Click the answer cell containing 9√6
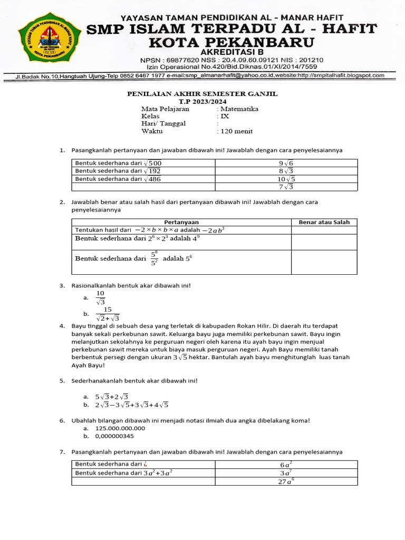click(x=286, y=163)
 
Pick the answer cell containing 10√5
click(x=286, y=179)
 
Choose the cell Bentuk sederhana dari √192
click(x=118, y=171)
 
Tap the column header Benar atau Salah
click(x=324, y=222)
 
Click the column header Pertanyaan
click(x=181, y=222)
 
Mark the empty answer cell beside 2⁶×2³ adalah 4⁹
click(x=324, y=242)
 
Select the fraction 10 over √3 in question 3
click(x=101, y=297)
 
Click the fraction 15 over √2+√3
click(x=108, y=314)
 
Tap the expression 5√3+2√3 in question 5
click(x=112, y=397)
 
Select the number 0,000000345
click(x=114, y=436)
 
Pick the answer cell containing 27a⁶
click(x=286, y=481)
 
